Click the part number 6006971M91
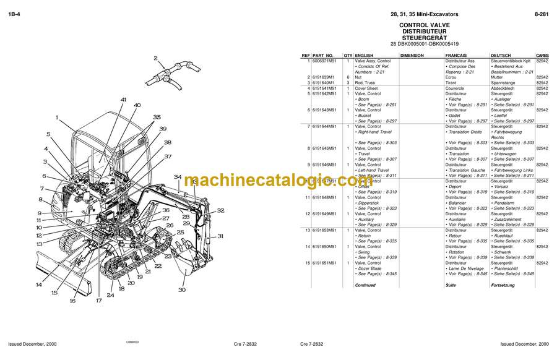point(326,61)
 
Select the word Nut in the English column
point(358,77)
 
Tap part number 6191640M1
point(324,82)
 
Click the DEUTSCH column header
point(501,55)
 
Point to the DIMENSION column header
point(412,55)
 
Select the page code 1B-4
point(14,14)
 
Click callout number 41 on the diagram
point(124,100)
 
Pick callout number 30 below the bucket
point(181,289)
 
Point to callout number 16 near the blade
point(72,301)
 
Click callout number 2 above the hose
point(155,59)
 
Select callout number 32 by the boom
point(220,210)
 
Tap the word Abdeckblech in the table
point(503,88)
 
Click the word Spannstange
point(503,82)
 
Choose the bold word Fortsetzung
point(503,285)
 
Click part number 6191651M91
point(326,263)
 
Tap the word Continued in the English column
point(365,285)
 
